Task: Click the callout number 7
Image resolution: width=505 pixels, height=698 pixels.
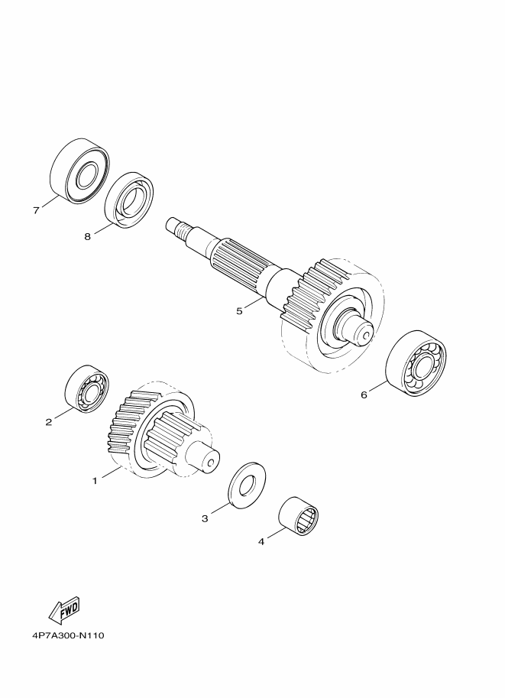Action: pyautogui.click(x=36, y=210)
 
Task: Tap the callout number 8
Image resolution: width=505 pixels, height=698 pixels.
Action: pyautogui.click(x=87, y=236)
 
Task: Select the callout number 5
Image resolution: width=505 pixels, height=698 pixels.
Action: pyautogui.click(x=239, y=310)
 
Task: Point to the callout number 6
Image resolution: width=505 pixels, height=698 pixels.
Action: pyautogui.click(x=364, y=394)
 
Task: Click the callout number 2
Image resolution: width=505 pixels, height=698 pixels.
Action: pyautogui.click(x=49, y=421)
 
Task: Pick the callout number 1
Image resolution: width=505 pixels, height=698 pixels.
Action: pyautogui.click(x=94, y=481)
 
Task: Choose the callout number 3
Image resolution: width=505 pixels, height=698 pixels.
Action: pyautogui.click(x=205, y=518)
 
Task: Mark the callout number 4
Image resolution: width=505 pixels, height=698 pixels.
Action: pyautogui.click(x=261, y=542)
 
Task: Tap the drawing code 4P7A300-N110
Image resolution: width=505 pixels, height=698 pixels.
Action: pyautogui.click(x=68, y=635)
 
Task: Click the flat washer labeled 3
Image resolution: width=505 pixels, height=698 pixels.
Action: pyautogui.click(x=247, y=485)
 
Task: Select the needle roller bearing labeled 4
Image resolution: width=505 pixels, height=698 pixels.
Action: pyautogui.click(x=298, y=515)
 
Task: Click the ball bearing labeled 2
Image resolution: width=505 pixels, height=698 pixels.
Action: pyautogui.click(x=87, y=389)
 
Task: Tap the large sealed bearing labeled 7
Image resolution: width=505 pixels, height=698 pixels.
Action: pyautogui.click(x=79, y=171)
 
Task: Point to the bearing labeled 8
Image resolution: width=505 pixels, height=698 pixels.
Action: pyautogui.click(x=129, y=200)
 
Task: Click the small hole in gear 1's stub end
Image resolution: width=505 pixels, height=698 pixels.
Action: pyautogui.click(x=211, y=463)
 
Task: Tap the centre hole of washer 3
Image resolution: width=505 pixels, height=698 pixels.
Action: pyautogui.click(x=248, y=485)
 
